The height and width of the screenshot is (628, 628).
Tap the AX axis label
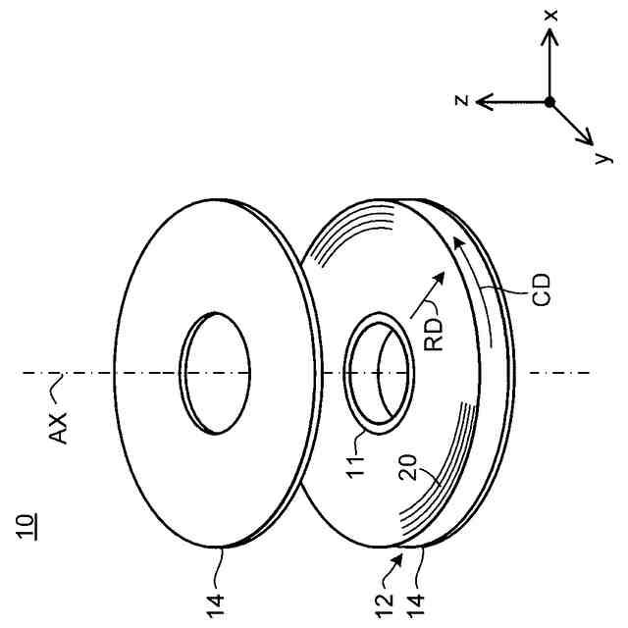pyautogui.click(x=60, y=429)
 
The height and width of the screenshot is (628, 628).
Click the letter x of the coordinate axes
pyautogui.click(x=553, y=19)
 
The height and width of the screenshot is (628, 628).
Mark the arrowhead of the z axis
pyautogui.click(x=481, y=100)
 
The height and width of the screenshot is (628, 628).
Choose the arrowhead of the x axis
pyautogui.click(x=550, y=33)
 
